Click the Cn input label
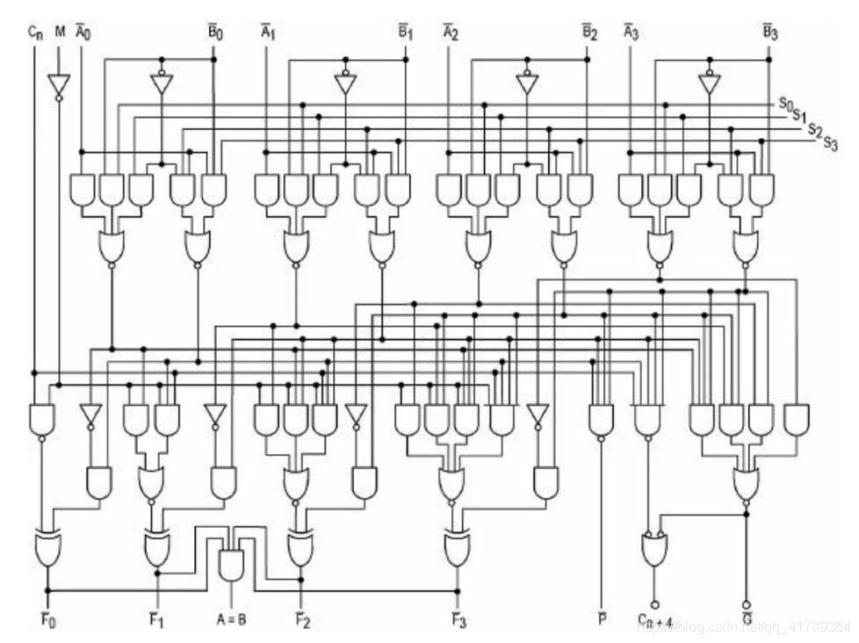[x=35, y=33]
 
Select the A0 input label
[x=82, y=33]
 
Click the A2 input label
[x=450, y=33]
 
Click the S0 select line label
[x=786, y=104]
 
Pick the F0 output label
[x=47, y=620]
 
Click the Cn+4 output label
[x=654, y=621]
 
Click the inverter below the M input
[x=60, y=85]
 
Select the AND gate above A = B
[x=231, y=563]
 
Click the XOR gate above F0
[x=47, y=548]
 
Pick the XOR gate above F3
[x=456, y=548]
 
